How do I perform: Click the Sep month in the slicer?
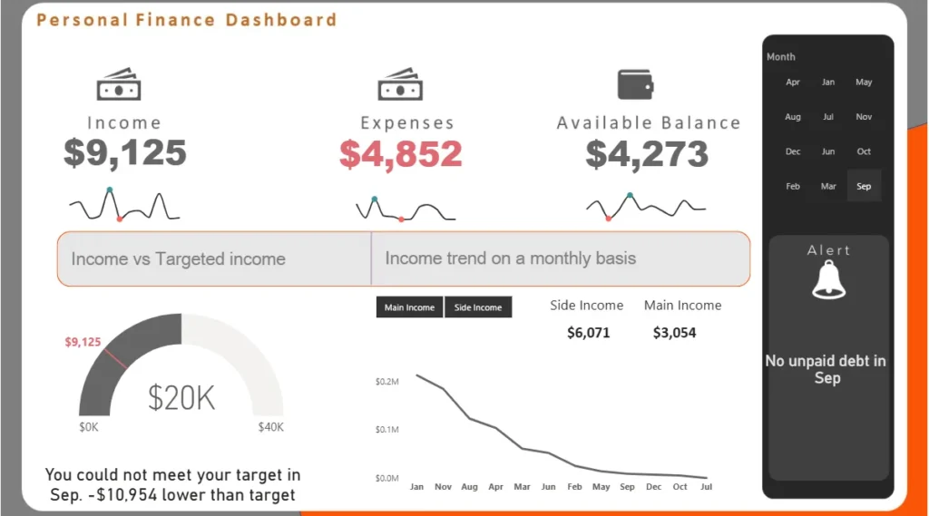864,186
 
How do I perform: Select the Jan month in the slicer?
828,82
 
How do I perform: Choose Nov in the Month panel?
864,116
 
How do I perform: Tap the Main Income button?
409,307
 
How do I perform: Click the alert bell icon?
829,280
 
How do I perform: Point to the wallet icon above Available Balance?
636,84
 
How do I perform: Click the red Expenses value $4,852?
401,153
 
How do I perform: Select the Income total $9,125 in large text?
125,152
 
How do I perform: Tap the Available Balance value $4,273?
647,153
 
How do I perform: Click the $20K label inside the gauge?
181,397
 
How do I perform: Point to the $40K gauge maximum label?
270,427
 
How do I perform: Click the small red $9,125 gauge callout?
83,342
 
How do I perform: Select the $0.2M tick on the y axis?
386,382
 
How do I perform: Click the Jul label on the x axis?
706,487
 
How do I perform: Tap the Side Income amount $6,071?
588,333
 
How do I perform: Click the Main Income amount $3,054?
674,333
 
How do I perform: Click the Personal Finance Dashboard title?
186,19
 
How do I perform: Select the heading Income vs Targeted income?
178,259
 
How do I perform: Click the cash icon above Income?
119,86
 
